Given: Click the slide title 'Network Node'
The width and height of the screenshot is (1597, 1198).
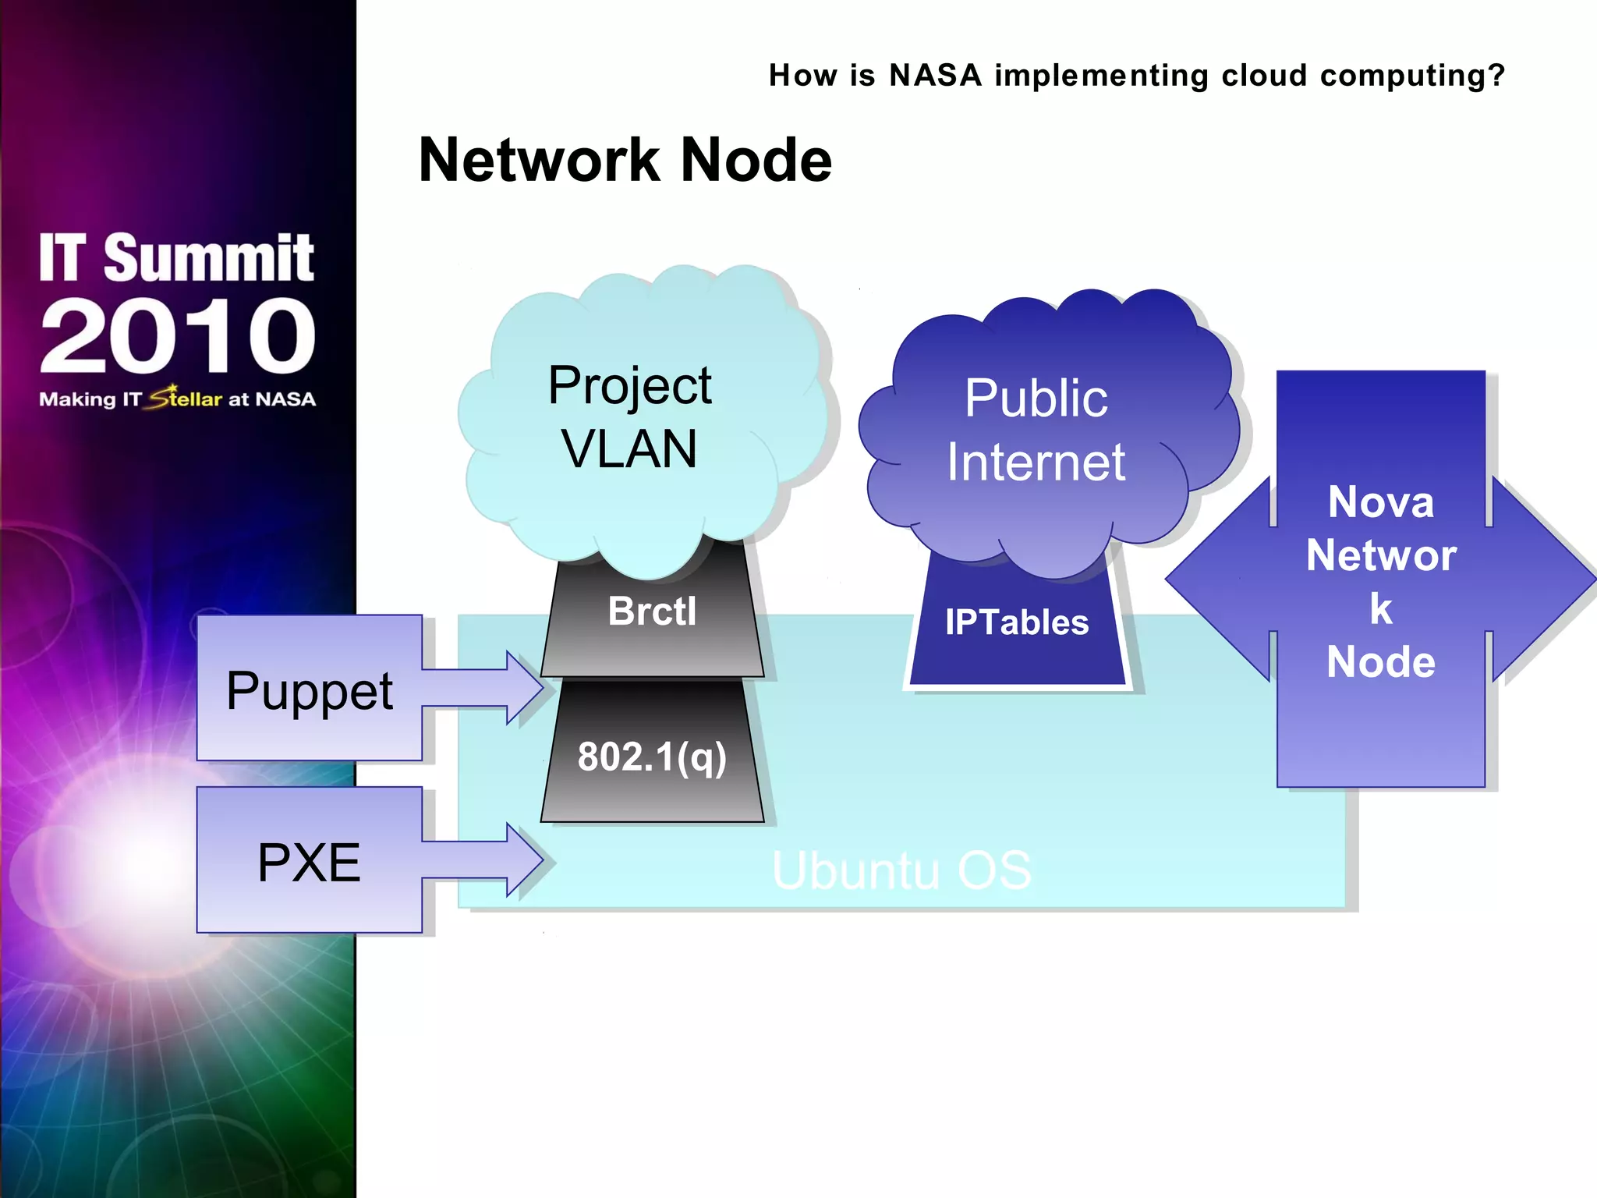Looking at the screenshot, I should click(x=625, y=160).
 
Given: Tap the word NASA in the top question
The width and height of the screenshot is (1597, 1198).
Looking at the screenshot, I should click(x=935, y=76).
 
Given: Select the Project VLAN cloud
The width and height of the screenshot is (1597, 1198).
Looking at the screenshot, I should click(x=630, y=417).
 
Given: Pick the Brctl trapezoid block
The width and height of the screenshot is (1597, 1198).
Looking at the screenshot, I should click(x=652, y=611).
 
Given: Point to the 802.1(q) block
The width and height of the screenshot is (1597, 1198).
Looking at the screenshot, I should click(x=652, y=757).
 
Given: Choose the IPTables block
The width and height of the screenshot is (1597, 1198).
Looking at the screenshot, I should click(x=1017, y=622).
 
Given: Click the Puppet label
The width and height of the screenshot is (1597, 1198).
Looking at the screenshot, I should click(x=310, y=691).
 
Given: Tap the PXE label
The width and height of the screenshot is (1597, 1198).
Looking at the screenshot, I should click(x=309, y=863).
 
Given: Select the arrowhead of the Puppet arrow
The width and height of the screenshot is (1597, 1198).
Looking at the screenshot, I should click(x=526, y=688).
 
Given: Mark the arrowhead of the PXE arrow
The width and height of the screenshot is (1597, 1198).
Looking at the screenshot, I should click(x=526, y=860).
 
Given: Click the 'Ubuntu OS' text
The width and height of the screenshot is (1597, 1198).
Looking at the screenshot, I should click(x=901, y=870).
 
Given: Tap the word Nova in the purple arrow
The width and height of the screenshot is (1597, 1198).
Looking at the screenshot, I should click(x=1381, y=502).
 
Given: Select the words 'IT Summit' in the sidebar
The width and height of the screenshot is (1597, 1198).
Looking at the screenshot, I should click(x=176, y=257).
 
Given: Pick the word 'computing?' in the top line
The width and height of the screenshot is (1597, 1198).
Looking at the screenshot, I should click(x=1411, y=76).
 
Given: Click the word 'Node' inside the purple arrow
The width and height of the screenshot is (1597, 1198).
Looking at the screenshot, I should click(x=1381, y=662).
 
